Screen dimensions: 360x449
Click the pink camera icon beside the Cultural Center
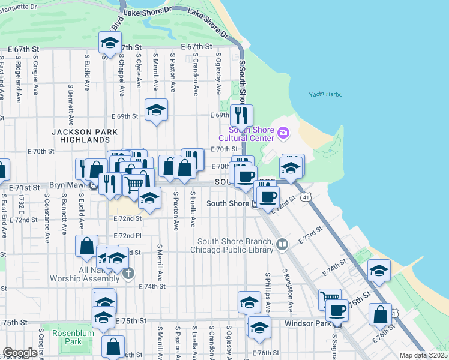(x=283, y=132)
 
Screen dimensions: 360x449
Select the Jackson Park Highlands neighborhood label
(x=80, y=136)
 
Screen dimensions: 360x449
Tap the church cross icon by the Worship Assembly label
(x=127, y=274)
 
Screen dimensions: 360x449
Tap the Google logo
(x=20, y=353)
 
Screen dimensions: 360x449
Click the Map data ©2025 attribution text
(x=423, y=356)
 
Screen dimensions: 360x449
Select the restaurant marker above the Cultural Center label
(x=242, y=115)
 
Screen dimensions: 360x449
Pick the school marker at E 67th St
(x=109, y=42)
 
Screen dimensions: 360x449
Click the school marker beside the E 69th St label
(x=156, y=110)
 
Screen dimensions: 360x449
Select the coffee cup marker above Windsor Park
(x=337, y=310)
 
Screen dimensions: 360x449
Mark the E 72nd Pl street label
(x=130, y=236)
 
